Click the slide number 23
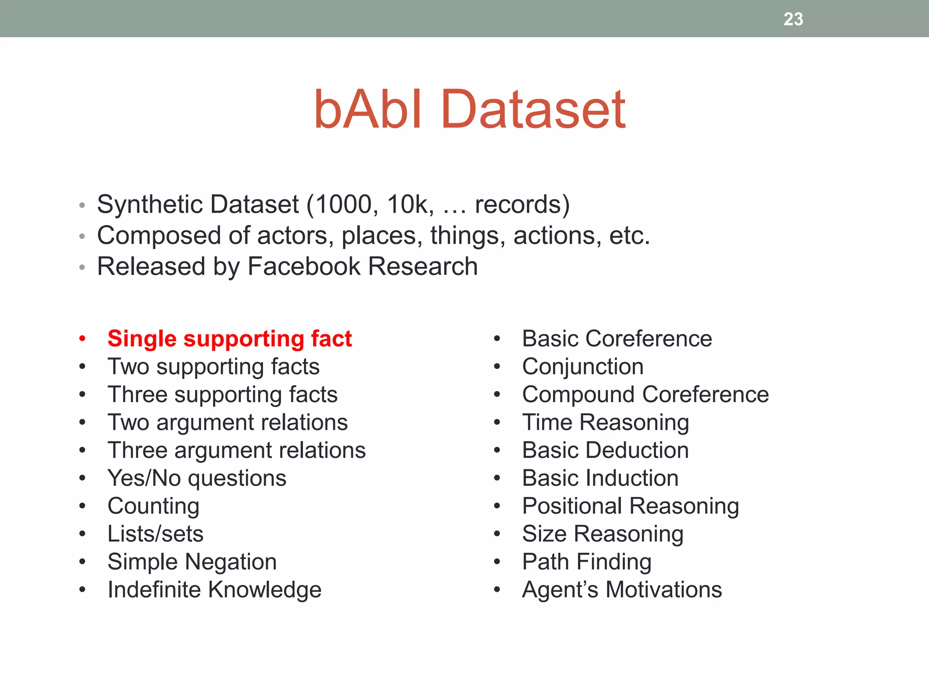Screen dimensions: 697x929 pos(793,19)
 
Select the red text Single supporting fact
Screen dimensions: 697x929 pos(230,339)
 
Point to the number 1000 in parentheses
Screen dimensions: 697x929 pos(343,205)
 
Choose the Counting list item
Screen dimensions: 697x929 pos(153,506)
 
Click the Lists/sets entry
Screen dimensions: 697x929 pos(155,534)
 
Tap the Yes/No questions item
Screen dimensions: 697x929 pos(197,478)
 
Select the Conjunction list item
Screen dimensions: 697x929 pos(582,367)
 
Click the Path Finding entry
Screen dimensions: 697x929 pos(587,562)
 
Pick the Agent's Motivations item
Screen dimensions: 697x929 pos(621,589)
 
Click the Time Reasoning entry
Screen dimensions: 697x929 pos(605,422)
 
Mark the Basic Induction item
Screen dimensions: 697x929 pos(600,478)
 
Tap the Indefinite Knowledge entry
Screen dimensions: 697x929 pos(214,589)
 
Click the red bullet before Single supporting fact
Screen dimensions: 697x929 pos(82,339)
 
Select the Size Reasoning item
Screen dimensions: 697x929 pos(602,534)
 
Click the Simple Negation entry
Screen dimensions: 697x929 pos(192,562)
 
